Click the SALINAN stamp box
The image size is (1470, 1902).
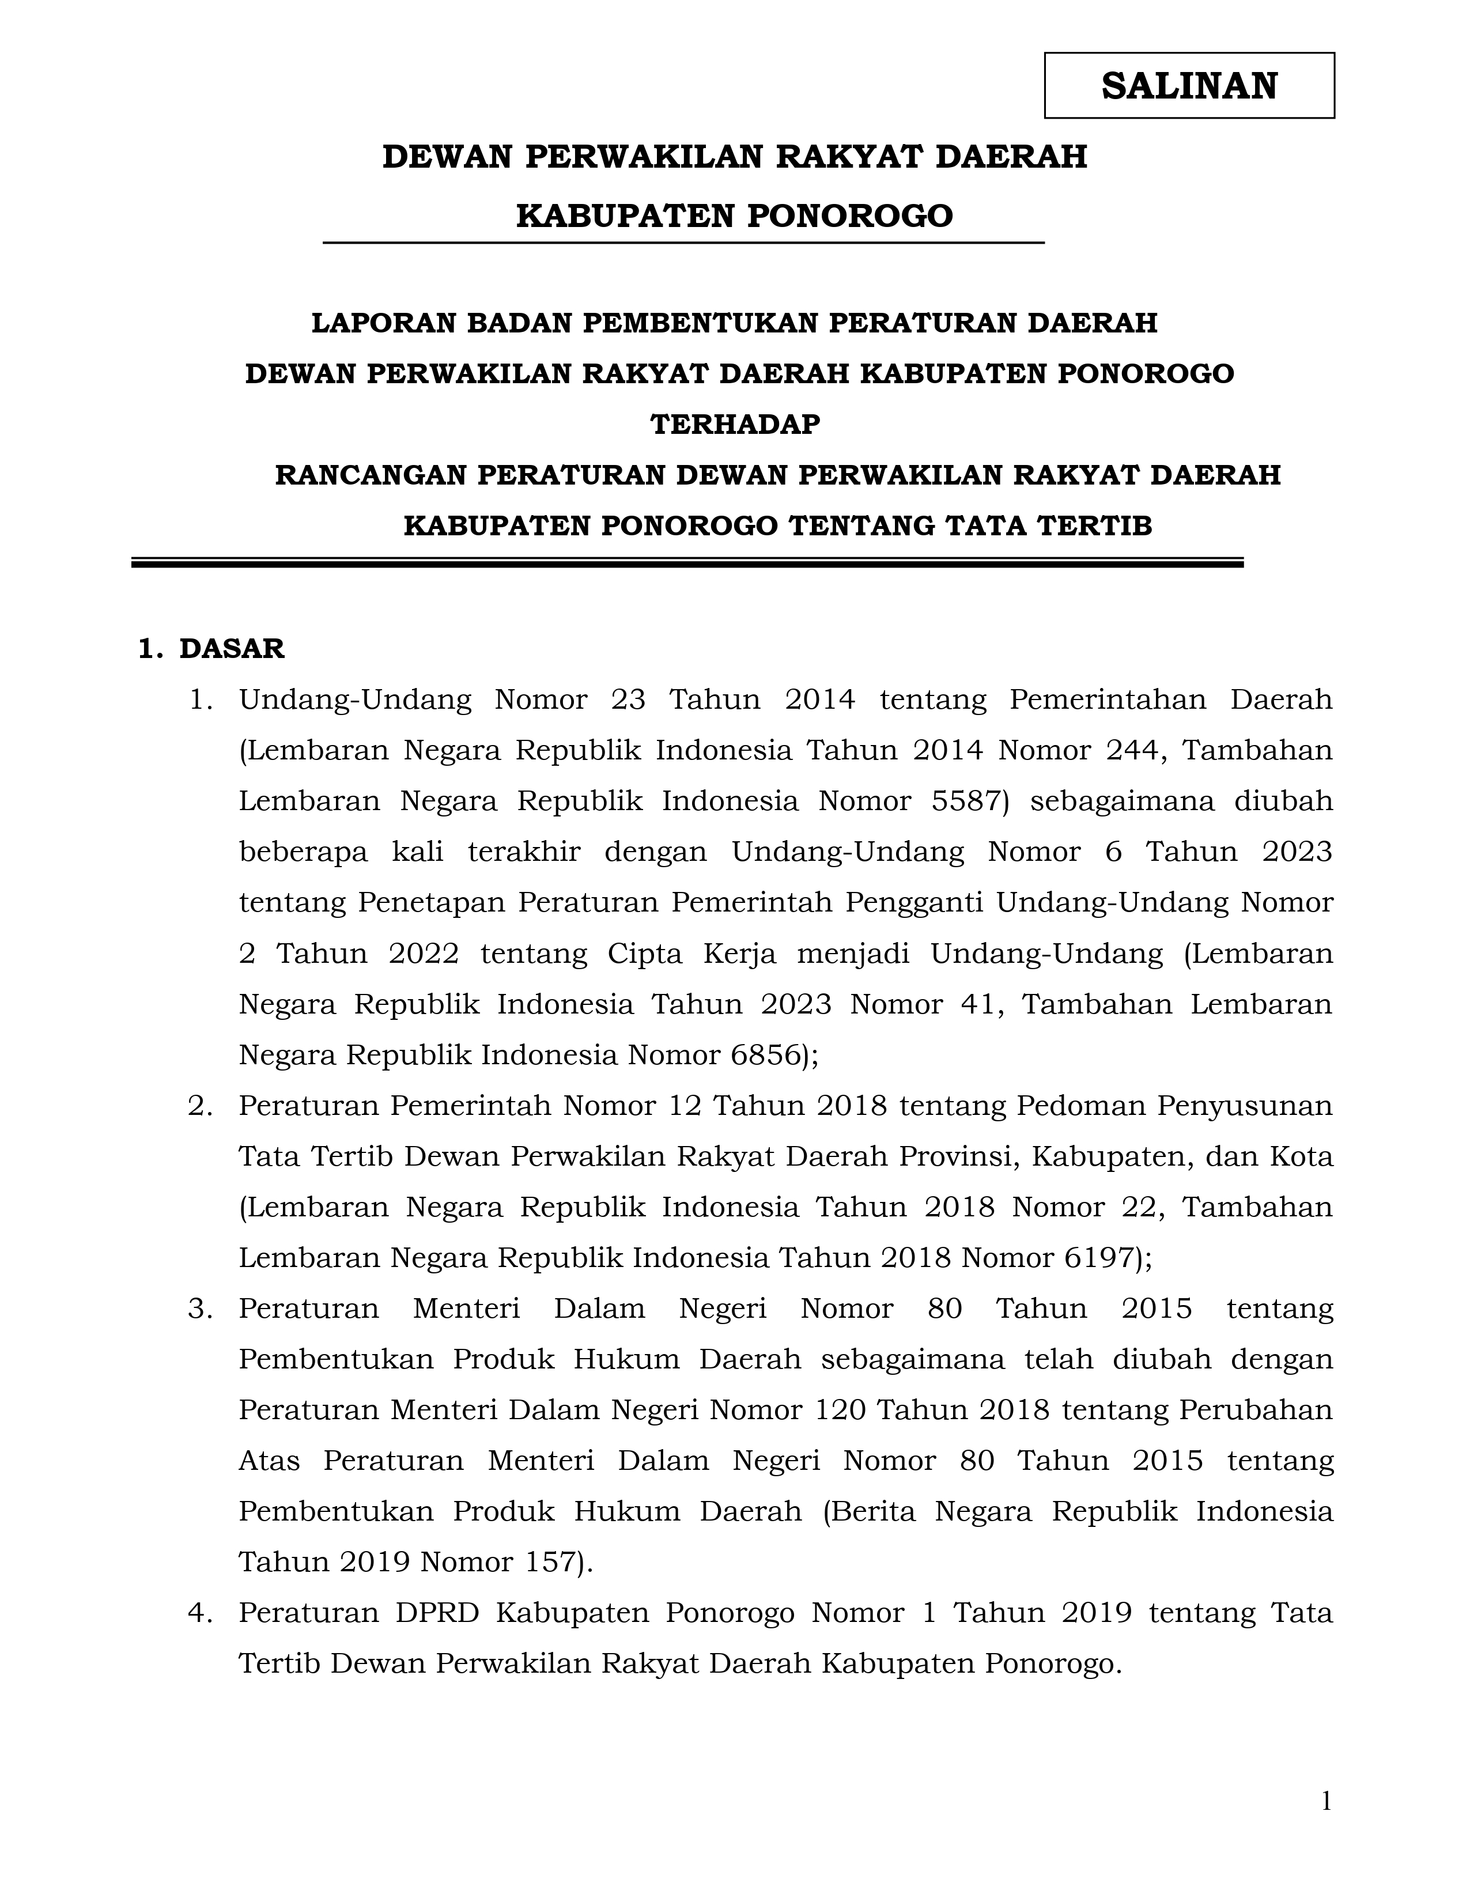coord(1189,85)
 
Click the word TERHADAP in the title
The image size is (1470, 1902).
coord(735,424)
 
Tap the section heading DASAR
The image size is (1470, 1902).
coord(232,649)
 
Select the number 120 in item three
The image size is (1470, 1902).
coord(840,1410)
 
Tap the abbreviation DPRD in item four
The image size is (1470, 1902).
coord(437,1613)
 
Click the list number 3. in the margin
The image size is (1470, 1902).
coord(201,1309)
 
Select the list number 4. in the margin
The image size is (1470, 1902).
coord(201,1613)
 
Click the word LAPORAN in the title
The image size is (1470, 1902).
coord(383,323)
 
